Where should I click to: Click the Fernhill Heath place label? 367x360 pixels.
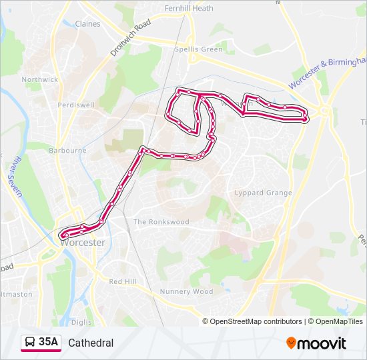[x=189, y=9]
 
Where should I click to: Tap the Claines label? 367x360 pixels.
[x=87, y=24]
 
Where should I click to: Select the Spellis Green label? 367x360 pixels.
[x=198, y=49]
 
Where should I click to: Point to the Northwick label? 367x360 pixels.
[x=40, y=79]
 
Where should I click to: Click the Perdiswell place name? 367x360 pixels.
[x=75, y=105]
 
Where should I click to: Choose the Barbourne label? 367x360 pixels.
[x=68, y=151]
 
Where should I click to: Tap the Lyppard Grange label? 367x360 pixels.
[x=263, y=193]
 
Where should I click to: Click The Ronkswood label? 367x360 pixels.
[x=161, y=222]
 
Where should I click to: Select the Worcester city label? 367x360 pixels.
[x=83, y=243]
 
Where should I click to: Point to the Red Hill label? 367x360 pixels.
[x=123, y=282]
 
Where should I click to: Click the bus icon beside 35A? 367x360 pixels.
[x=30, y=343]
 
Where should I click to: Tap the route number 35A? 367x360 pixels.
[x=49, y=343]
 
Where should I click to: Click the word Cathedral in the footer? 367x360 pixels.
[x=91, y=343]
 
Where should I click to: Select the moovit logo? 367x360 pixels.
[x=316, y=343]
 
